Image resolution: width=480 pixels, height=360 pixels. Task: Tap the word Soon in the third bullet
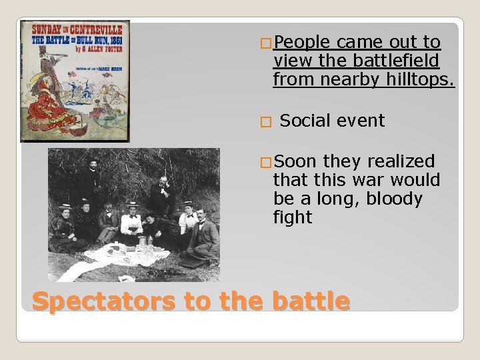click(295, 161)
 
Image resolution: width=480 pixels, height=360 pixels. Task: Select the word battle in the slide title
click(309, 302)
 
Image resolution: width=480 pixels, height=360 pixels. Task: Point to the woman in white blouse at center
click(132, 220)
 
